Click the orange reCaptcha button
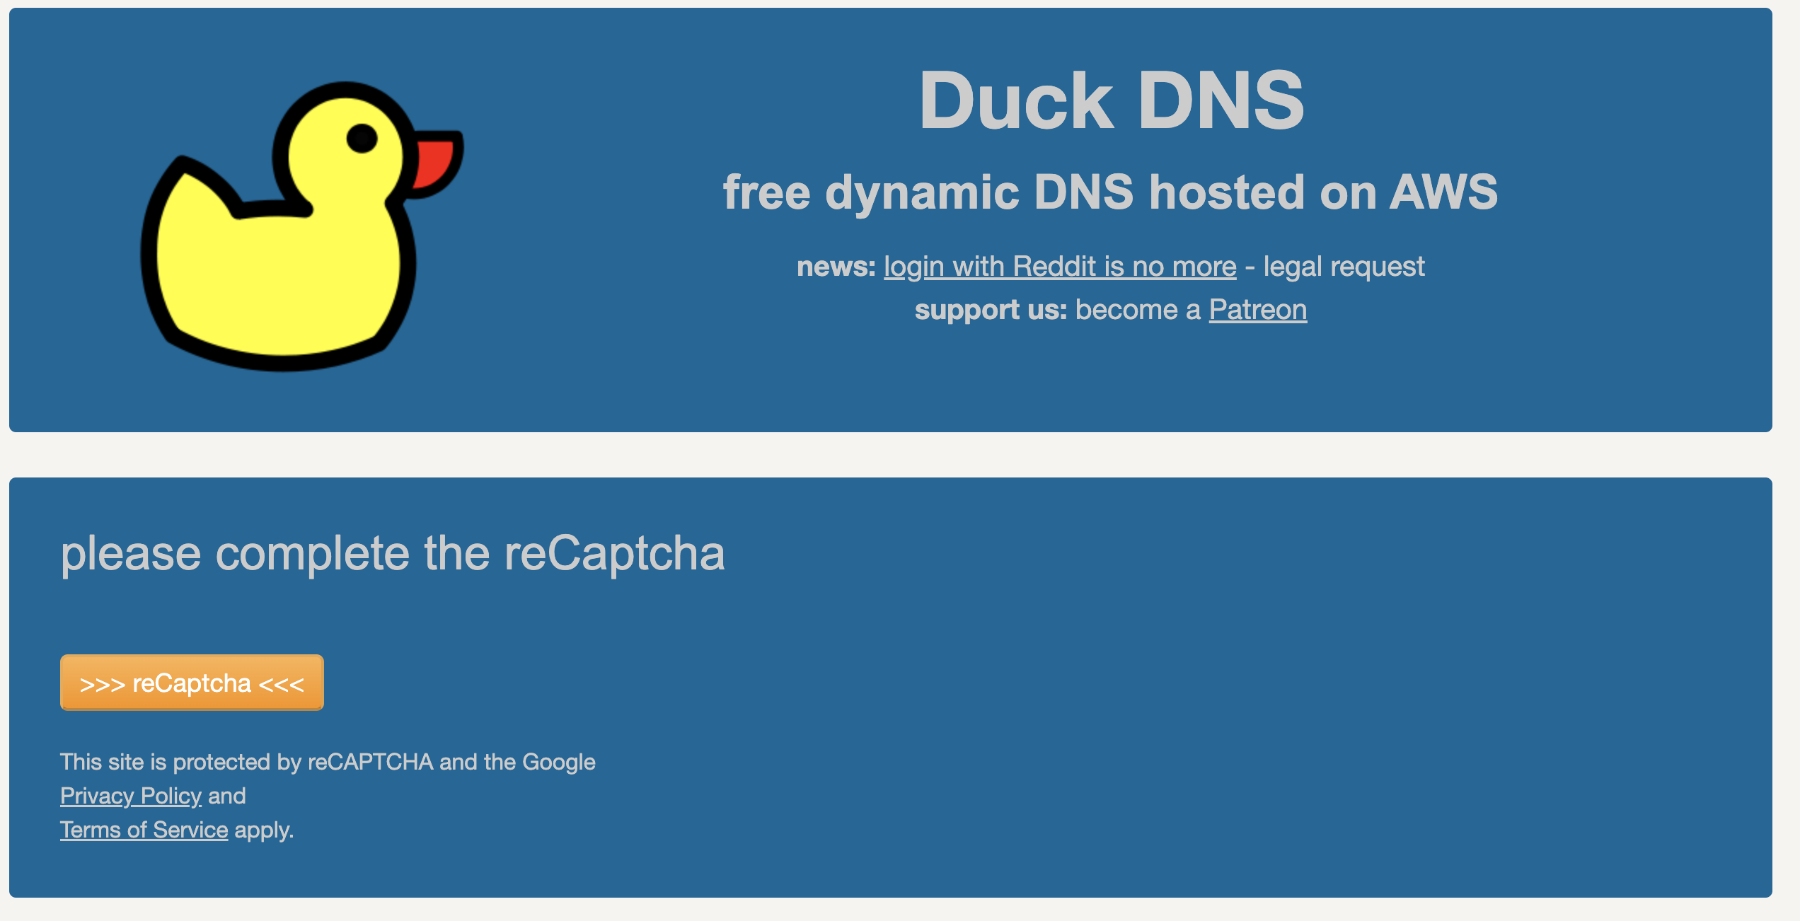192,683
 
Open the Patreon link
1257,310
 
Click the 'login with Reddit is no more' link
1060,267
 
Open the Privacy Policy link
131,796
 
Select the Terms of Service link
144,830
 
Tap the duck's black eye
362,138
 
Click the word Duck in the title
1016,101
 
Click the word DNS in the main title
1220,101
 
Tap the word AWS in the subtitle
1443,192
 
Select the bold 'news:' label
836,267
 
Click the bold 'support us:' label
990,310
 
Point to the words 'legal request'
1344,267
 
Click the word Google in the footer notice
558,762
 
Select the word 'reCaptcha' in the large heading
614,553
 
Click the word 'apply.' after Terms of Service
264,830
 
